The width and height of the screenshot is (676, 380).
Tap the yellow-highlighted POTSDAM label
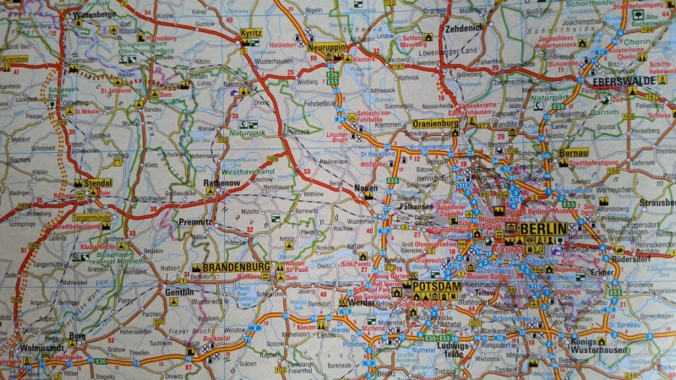[x=437, y=287]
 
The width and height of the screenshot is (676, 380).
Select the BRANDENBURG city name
[x=236, y=267]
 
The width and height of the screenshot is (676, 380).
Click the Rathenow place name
[x=221, y=182]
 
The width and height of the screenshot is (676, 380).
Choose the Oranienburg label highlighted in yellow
[x=435, y=123]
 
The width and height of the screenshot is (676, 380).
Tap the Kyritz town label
[x=251, y=33]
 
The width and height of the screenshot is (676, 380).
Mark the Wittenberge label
[x=94, y=15]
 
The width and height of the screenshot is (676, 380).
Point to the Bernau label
[x=573, y=153]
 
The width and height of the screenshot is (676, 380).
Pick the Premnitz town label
[x=195, y=221]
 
